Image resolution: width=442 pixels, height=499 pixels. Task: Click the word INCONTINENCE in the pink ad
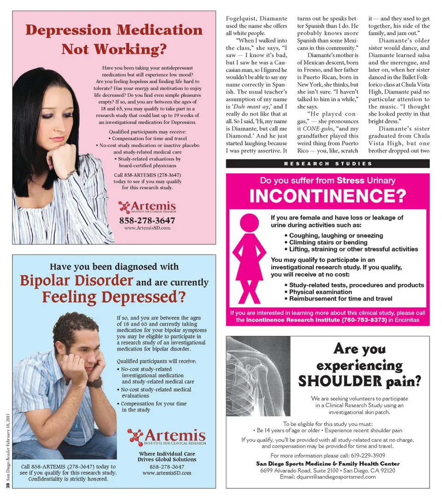pyautogui.click(x=327, y=196)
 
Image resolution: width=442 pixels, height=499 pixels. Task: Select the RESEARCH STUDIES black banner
pyautogui.click(x=327, y=164)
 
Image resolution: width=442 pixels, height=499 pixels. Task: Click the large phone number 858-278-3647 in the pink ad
pyautogui.click(x=147, y=220)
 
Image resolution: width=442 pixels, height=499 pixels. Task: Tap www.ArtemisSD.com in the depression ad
pyautogui.click(x=147, y=228)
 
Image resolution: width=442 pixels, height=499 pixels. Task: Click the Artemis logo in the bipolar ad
pyautogui.click(x=167, y=436)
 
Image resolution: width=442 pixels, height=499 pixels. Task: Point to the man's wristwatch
pyautogui.click(x=95, y=382)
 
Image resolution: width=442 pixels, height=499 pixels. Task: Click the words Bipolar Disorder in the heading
pyautogui.click(x=76, y=281)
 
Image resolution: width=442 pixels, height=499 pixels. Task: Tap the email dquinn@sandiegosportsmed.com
pyautogui.click(x=328, y=476)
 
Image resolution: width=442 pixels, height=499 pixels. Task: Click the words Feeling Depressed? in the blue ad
pyautogui.click(x=113, y=297)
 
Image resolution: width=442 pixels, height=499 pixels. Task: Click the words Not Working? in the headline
pyautogui.click(x=114, y=49)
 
